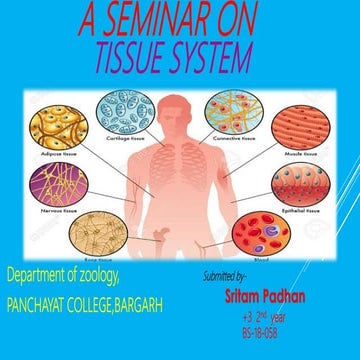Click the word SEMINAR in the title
(166, 19)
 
